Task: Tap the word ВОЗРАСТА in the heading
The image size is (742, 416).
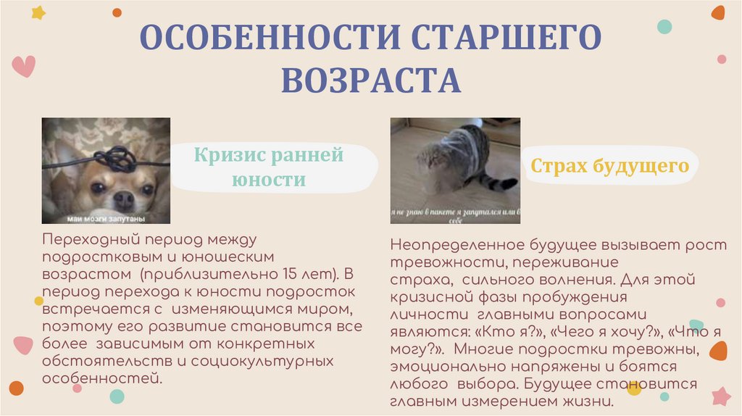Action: pyautogui.click(x=371, y=80)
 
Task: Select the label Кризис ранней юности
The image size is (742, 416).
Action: pyautogui.click(x=268, y=167)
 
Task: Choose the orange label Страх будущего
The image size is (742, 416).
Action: pyautogui.click(x=609, y=166)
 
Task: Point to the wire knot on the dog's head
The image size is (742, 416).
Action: pyautogui.click(x=116, y=157)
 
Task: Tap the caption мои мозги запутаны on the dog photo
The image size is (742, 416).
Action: pyautogui.click(x=106, y=218)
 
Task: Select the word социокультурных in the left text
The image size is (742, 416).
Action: pyautogui.click(x=276, y=360)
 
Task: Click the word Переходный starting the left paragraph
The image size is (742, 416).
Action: pyautogui.click(x=86, y=239)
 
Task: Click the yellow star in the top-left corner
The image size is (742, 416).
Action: pyautogui.click(x=38, y=12)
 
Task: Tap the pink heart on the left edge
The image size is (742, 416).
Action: pyautogui.click(x=23, y=66)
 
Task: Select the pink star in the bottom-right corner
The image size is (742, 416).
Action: pyautogui.click(x=721, y=396)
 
